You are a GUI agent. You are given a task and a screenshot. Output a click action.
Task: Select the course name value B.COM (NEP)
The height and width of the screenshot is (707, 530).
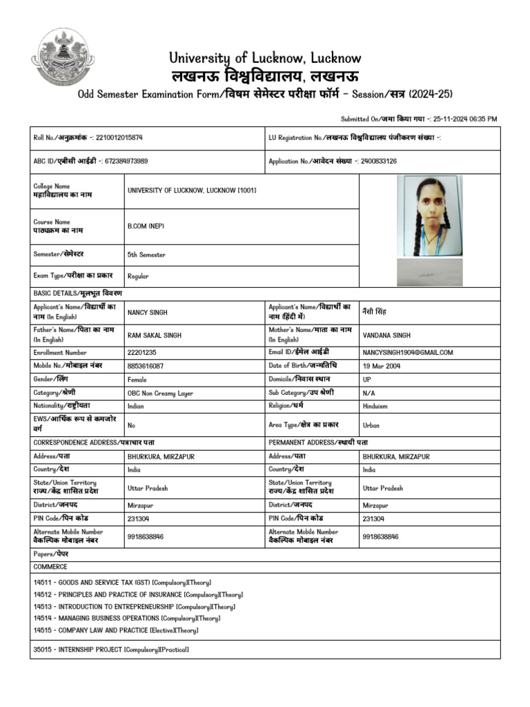[x=146, y=226]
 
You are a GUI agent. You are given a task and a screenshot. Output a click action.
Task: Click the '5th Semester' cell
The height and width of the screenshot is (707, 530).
[x=146, y=255]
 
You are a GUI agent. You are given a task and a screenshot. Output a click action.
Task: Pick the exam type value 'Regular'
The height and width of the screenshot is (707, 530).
[x=138, y=276]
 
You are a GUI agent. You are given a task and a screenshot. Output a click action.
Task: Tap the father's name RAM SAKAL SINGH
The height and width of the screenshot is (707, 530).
[x=155, y=335]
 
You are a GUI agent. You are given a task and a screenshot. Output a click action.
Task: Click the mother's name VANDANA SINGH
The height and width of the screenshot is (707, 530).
[x=386, y=335]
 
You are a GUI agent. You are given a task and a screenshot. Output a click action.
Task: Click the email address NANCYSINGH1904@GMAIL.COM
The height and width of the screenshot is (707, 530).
[x=407, y=352]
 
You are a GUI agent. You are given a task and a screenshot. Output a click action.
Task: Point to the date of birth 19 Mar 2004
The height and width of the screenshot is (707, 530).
[x=381, y=365]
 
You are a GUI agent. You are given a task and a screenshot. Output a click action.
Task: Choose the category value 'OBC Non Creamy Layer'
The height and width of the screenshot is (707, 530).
[x=160, y=392]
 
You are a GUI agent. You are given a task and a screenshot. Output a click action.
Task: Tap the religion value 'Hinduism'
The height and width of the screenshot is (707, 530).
[x=376, y=406]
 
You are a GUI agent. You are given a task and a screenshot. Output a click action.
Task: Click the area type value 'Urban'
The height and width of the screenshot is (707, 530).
[x=371, y=425]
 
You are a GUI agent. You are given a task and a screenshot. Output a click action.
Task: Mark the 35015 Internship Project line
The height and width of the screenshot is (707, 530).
[x=110, y=650]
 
